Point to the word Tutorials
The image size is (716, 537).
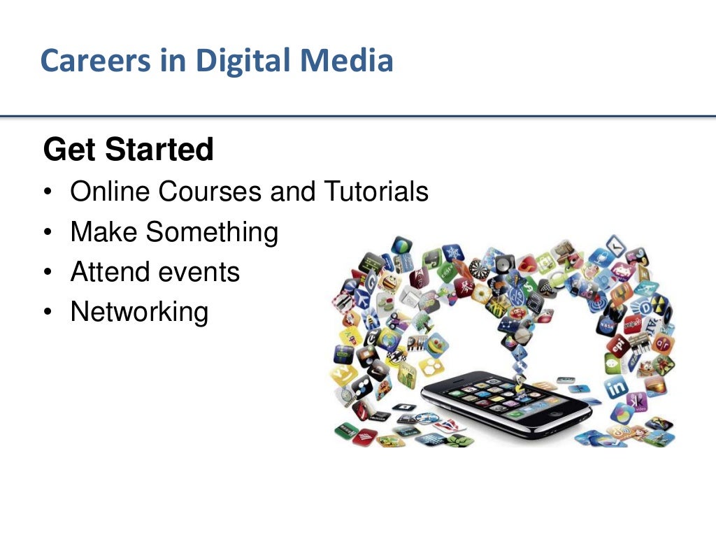(x=376, y=191)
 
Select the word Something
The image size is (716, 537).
(x=212, y=232)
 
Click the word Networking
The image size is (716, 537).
(x=139, y=312)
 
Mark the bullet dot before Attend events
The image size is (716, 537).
(x=47, y=273)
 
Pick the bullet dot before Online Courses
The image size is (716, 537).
(x=47, y=192)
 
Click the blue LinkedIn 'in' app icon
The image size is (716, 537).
(x=617, y=386)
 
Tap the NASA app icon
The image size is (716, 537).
(x=608, y=324)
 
